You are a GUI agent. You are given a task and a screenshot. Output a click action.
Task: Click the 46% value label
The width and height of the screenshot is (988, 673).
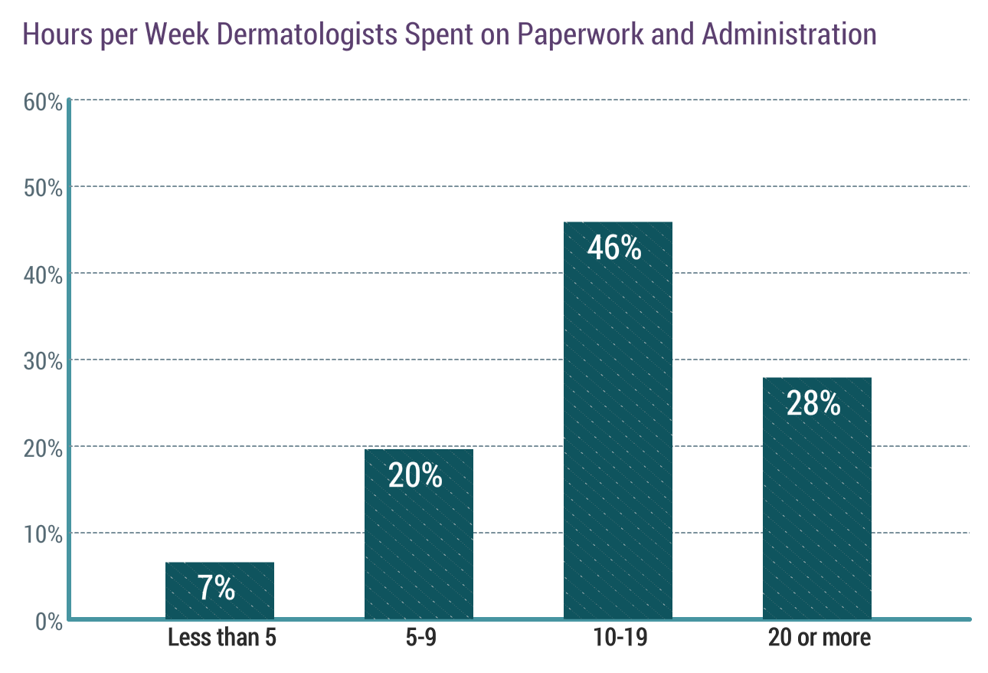click(x=614, y=248)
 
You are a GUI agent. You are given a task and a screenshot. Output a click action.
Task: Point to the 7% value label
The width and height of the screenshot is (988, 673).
click(x=216, y=588)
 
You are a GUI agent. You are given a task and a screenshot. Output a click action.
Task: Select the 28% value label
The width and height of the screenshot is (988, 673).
click(x=813, y=403)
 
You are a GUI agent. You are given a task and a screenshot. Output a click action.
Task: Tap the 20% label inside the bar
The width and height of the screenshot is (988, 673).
click(x=415, y=475)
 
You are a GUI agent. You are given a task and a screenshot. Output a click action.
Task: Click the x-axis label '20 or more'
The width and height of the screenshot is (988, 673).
click(x=820, y=638)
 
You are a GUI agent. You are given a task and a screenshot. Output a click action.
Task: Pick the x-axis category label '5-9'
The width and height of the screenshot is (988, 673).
click(x=419, y=638)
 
